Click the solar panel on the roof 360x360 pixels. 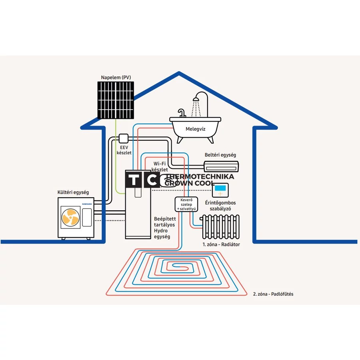pos(116,100)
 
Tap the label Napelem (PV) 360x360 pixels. pos(116,77)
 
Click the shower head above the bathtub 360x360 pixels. pos(196,99)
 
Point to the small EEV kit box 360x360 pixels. pos(124,138)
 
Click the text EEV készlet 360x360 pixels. pos(124,150)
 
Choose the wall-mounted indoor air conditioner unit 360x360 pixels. pos(221,166)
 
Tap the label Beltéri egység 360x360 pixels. pos(220,155)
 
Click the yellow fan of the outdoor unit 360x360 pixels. pos(70,217)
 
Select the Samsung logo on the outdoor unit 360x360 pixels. pos(87,204)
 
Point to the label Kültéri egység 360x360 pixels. pos(73,192)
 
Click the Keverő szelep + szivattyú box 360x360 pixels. pos(186,204)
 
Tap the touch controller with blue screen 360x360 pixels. pos(220,190)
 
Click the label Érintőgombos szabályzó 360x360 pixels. pos(220,206)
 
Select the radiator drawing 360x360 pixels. pos(221,227)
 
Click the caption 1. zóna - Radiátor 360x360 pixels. pos(221,244)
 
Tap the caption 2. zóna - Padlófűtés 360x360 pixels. pos(273,294)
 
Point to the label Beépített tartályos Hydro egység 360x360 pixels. pos(165,228)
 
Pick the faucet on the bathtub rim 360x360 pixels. pos(182,113)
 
